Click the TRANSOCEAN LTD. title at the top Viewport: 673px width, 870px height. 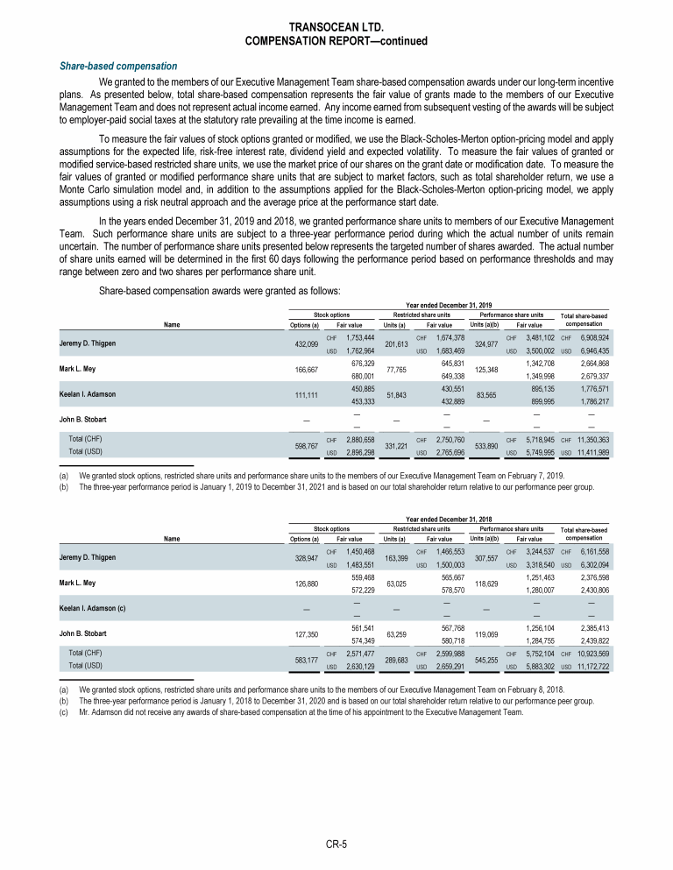click(336, 27)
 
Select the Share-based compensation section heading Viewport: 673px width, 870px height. click(117, 67)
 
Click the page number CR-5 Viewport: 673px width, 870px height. click(336, 845)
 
